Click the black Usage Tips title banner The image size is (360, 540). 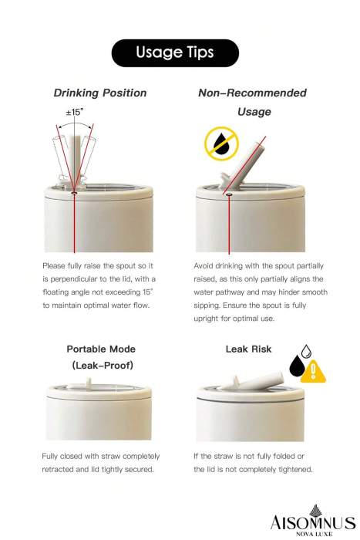(x=175, y=52)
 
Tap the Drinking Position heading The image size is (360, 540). (x=100, y=93)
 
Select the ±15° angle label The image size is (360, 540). (x=74, y=112)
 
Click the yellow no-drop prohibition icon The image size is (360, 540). (x=222, y=143)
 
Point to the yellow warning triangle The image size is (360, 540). (x=313, y=372)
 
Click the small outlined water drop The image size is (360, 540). (x=306, y=351)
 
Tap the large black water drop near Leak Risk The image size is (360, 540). (x=297, y=366)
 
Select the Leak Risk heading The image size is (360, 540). (x=248, y=349)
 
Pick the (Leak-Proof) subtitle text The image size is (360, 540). (x=103, y=365)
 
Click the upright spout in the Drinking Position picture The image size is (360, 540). (x=76, y=160)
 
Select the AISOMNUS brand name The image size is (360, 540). (x=312, y=523)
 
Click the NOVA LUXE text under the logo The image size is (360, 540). (x=315, y=534)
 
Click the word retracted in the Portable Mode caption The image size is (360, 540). (x=58, y=469)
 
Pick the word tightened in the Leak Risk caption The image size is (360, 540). (x=296, y=469)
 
